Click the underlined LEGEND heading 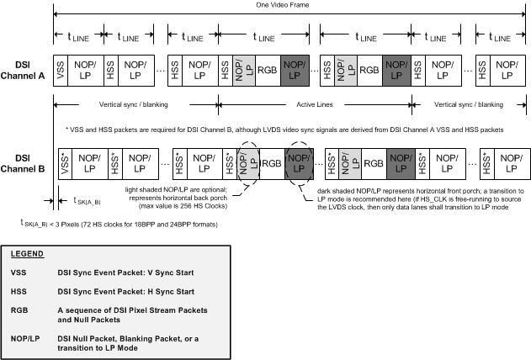pyautogui.click(x=29, y=255)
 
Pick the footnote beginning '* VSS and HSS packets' pyautogui.click(x=284, y=130)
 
